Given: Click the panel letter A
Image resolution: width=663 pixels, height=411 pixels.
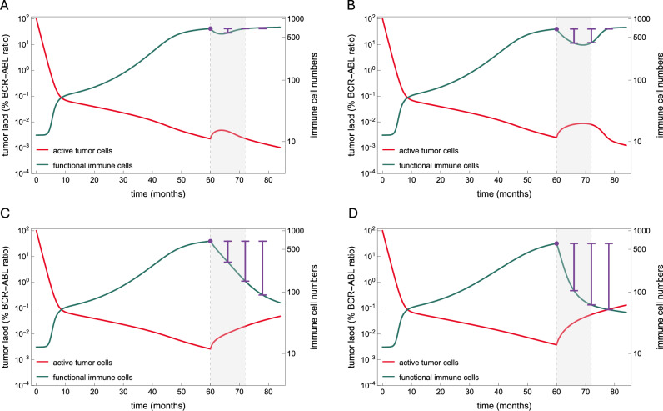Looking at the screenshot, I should [7, 7].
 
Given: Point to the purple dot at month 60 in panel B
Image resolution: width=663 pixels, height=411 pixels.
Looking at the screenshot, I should [556, 29].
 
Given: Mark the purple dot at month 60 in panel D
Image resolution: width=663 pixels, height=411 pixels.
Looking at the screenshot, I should [556, 243].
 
